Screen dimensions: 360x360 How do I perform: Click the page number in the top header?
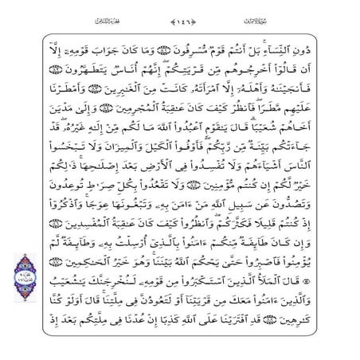pyautogui.click(x=179, y=17)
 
